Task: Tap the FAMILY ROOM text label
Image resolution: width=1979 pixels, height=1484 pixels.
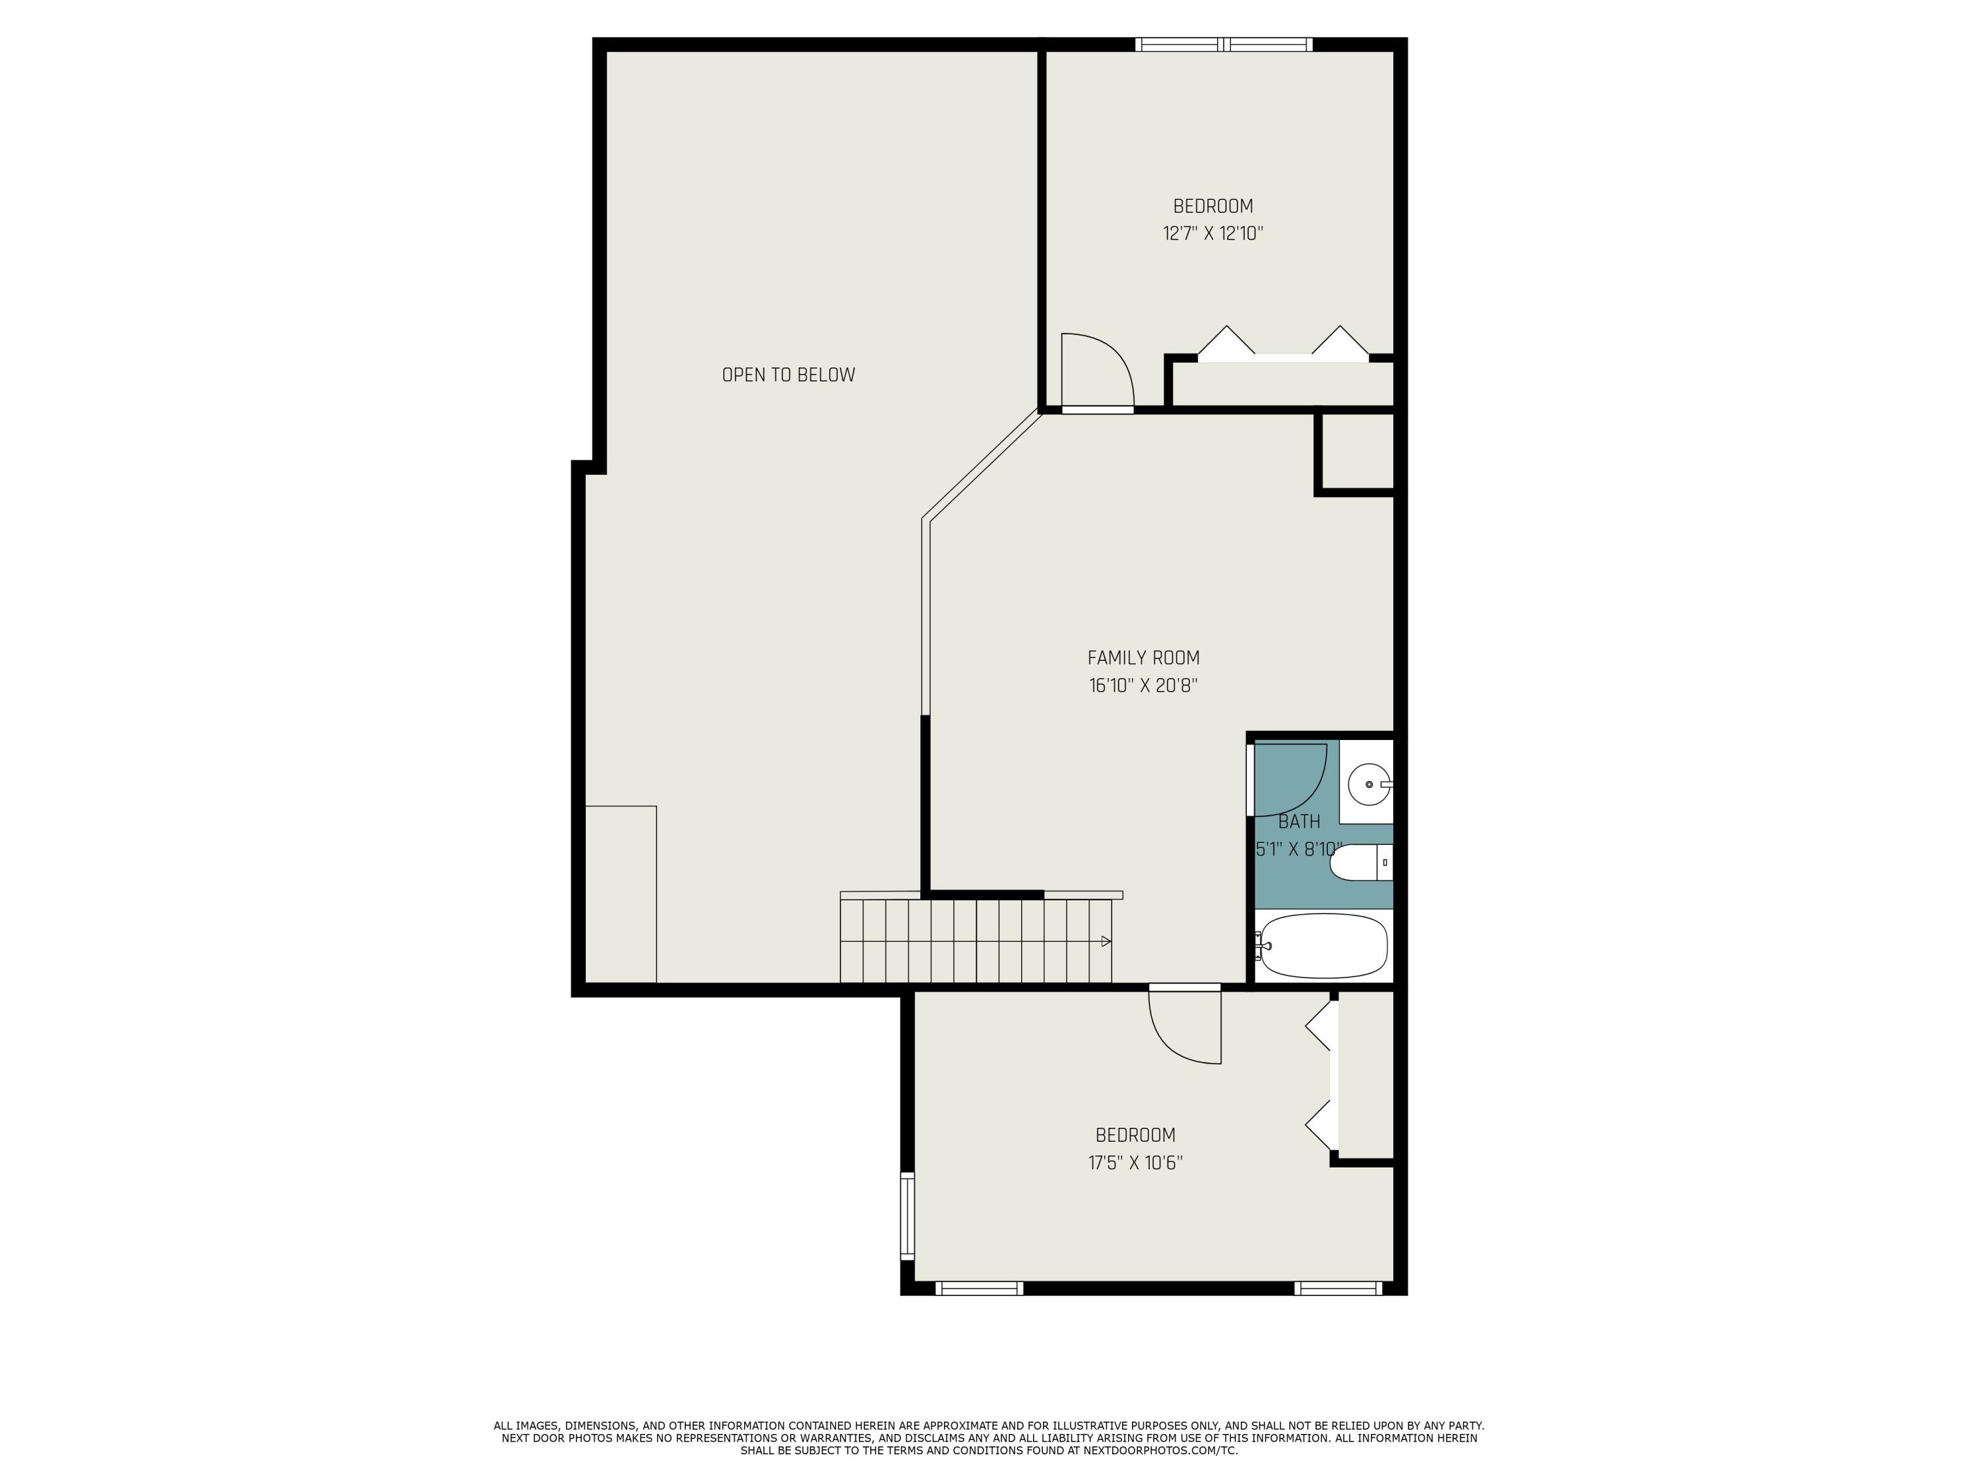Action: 1143,658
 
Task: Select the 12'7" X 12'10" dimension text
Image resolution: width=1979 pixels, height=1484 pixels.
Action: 1212,234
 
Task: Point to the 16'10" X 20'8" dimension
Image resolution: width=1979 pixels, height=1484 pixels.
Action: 1143,686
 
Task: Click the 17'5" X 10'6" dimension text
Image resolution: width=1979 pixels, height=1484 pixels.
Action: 1135,1163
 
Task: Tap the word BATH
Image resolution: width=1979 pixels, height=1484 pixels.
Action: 1299,821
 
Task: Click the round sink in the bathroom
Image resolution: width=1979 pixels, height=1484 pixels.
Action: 1369,784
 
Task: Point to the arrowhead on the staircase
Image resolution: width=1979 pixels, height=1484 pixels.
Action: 1107,941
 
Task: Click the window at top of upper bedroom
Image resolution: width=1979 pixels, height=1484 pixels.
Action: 1224,44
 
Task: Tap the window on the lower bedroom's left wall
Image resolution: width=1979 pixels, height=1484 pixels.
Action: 907,1216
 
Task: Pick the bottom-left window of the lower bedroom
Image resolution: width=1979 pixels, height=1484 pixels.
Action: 980,1288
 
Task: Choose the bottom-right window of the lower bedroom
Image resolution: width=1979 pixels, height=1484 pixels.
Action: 1338,1288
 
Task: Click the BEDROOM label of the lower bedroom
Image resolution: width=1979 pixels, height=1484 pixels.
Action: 1135,1135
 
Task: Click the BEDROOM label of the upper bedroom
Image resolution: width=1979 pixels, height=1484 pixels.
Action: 1213,206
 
